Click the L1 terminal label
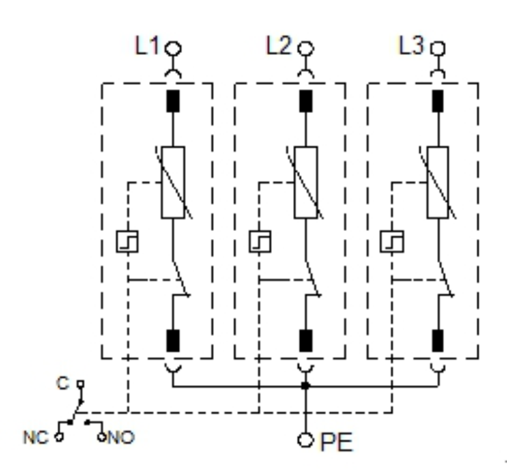tap(146, 45)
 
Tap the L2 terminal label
tap(279, 45)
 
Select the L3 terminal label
tap(411, 45)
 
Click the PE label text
tap(336, 442)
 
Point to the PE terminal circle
tap(306, 440)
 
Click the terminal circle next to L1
tap(173, 49)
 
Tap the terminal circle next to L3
tap(438, 49)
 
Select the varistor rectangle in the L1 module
tap(173, 182)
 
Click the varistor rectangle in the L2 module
tap(306, 182)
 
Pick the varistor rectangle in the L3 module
tap(438, 182)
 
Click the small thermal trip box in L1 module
tap(127, 242)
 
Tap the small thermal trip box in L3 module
tap(392, 242)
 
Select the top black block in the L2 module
tap(306, 101)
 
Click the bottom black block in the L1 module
tap(173, 341)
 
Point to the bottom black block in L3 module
tap(438, 341)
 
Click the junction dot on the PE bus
tap(306, 386)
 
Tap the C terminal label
tap(62, 383)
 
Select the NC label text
tap(36, 437)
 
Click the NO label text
tap(121, 437)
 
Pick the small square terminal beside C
tap(80, 384)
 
